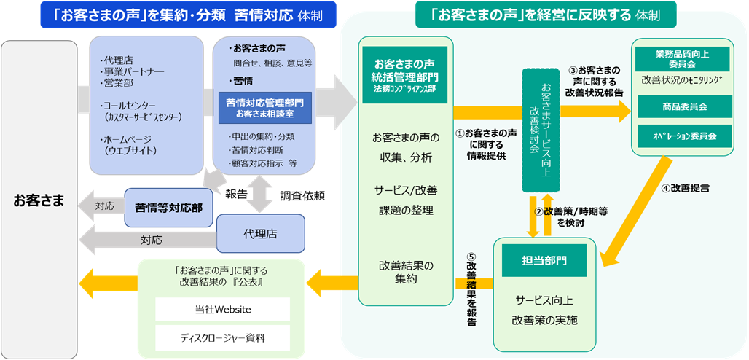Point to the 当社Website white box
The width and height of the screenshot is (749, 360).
[222, 310]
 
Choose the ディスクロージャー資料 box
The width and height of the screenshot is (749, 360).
[222, 338]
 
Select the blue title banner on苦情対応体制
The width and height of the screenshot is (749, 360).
[183, 15]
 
